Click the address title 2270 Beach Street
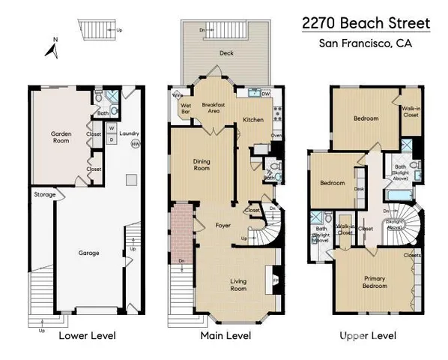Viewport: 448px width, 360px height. point(366,22)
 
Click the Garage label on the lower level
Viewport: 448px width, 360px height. point(88,253)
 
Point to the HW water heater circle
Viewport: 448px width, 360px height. point(135,143)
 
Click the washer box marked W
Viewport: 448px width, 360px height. point(110,127)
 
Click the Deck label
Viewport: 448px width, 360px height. point(226,53)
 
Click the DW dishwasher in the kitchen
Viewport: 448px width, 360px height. point(266,94)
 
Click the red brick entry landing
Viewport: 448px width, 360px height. point(180,232)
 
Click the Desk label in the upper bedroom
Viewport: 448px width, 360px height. point(359,189)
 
